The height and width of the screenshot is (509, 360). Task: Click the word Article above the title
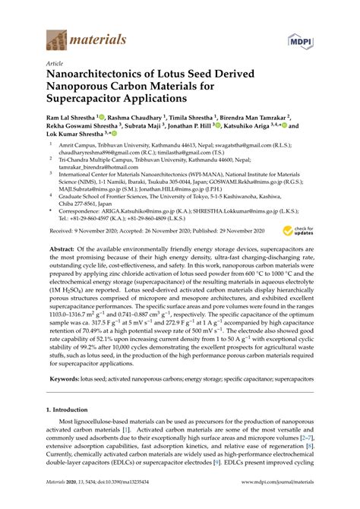click(55, 65)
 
